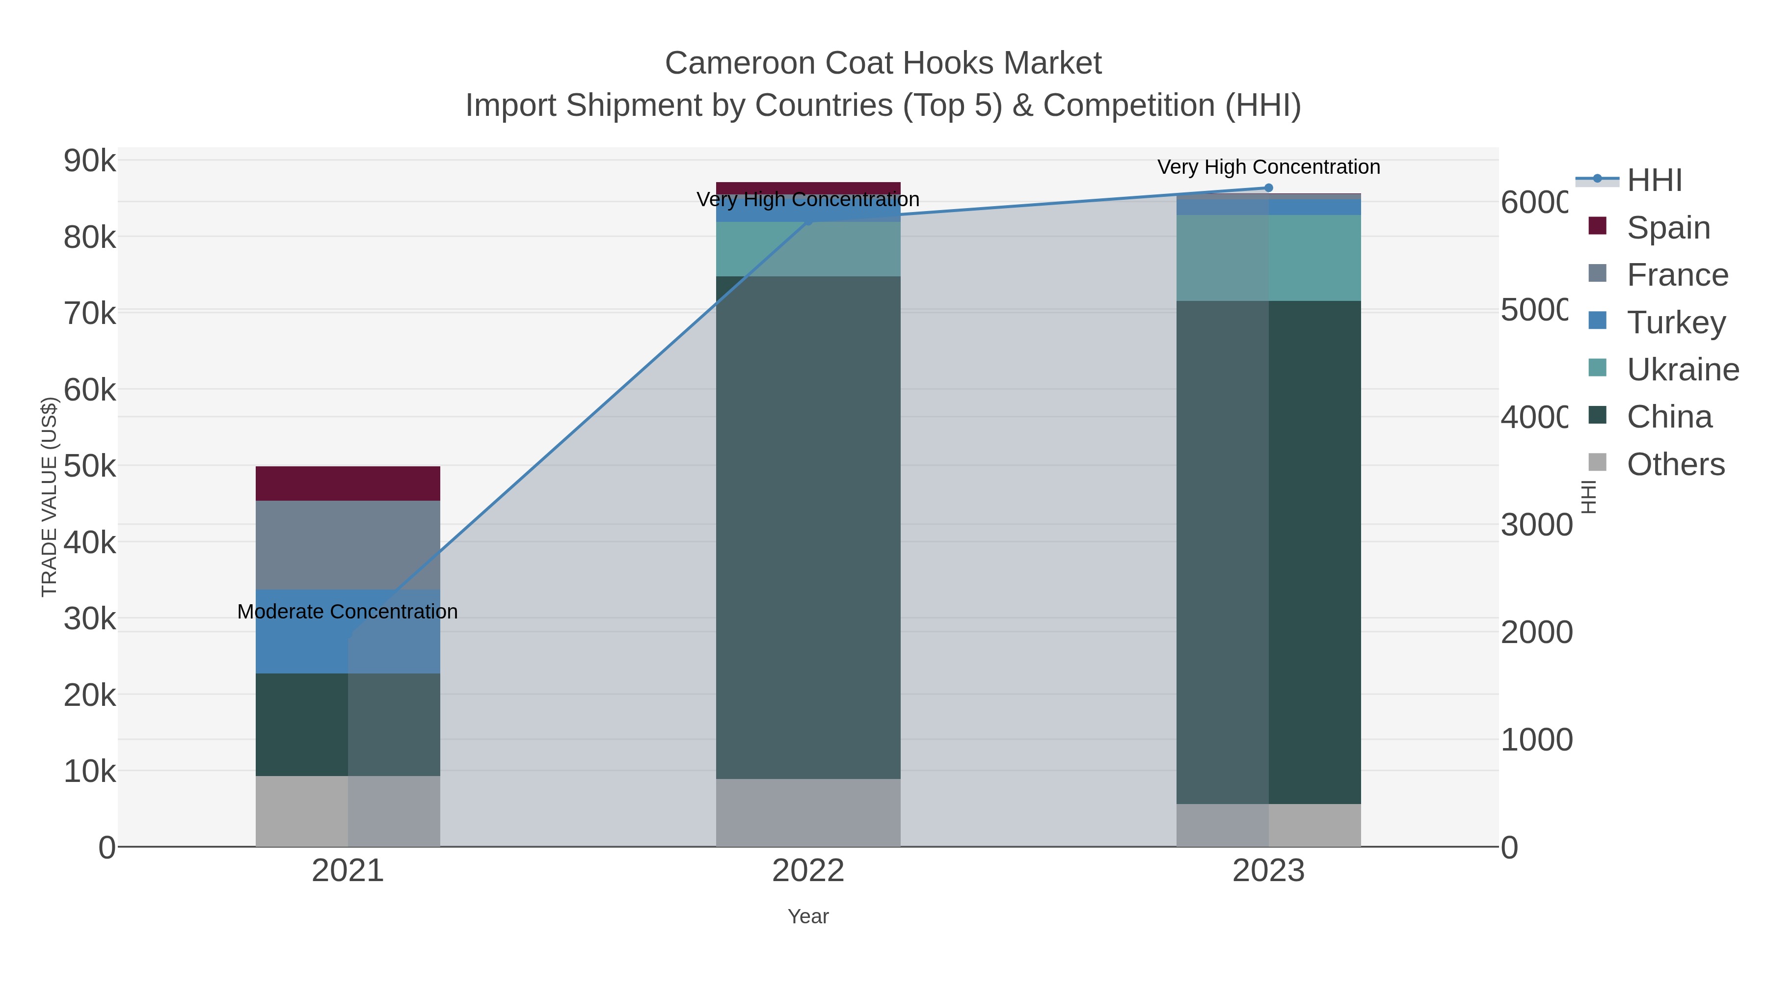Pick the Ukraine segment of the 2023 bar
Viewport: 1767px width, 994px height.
[x=1268, y=257]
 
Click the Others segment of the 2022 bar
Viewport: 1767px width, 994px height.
[x=808, y=812]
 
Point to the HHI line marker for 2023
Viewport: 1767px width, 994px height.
[x=1268, y=188]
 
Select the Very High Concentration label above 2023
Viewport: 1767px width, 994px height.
[x=1268, y=167]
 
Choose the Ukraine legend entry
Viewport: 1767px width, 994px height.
[x=1682, y=370]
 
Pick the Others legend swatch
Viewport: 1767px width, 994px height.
[x=1598, y=462]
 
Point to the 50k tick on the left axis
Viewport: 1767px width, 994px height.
[x=90, y=466]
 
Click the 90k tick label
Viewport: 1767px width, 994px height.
[x=90, y=161]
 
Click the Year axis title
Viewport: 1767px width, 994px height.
[x=808, y=916]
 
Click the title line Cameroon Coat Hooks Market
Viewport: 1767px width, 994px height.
[x=883, y=63]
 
